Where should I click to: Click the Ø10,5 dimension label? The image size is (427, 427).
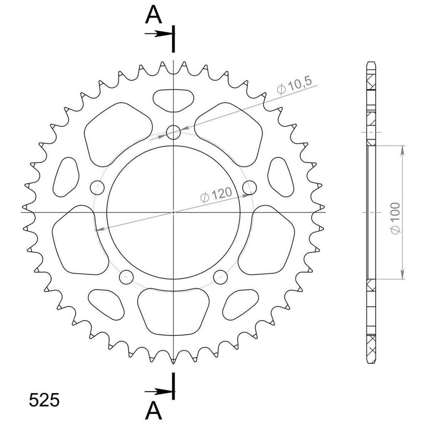click(294, 86)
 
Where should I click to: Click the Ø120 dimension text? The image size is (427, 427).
click(216, 195)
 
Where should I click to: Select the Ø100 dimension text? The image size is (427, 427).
click(395, 218)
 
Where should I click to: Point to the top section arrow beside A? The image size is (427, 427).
click(158, 34)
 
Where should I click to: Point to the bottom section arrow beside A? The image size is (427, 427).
click(158, 392)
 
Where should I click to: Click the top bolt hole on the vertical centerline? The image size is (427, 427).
click(173, 132)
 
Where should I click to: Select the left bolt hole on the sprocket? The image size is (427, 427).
click(97, 187)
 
